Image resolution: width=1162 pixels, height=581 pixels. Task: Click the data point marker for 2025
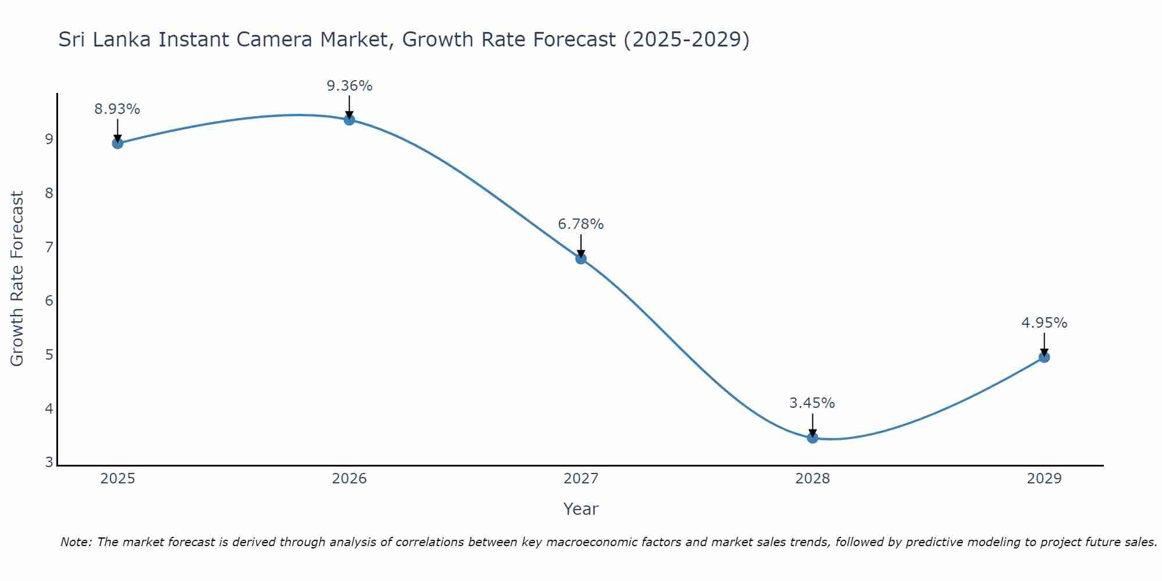point(117,143)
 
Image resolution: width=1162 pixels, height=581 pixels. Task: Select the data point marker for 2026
point(349,120)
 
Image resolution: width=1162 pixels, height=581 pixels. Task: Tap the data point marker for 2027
point(581,259)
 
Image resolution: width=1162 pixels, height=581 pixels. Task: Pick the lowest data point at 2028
point(812,437)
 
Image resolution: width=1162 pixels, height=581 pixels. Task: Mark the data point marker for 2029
point(1044,357)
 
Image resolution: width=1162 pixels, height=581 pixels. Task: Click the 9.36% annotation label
point(349,86)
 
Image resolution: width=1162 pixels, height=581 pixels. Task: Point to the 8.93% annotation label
point(117,109)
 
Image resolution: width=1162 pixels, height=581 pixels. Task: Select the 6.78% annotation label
point(581,224)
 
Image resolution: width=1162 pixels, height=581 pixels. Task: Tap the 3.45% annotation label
point(812,403)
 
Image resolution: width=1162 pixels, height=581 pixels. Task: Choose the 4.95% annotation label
point(1044,323)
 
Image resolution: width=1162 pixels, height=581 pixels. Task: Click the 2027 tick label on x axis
point(581,479)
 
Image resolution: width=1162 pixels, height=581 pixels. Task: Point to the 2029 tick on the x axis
point(1044,479)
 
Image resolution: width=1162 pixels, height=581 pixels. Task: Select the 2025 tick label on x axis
point(117,479)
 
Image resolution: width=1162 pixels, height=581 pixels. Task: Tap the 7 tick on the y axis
point(49,247)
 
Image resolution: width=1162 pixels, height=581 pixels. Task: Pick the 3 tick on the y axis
point(49,462)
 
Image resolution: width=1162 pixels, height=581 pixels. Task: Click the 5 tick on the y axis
point(49,354)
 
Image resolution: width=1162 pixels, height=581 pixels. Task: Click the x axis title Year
point(581,509)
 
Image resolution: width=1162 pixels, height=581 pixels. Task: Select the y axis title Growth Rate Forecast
point(17,279)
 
